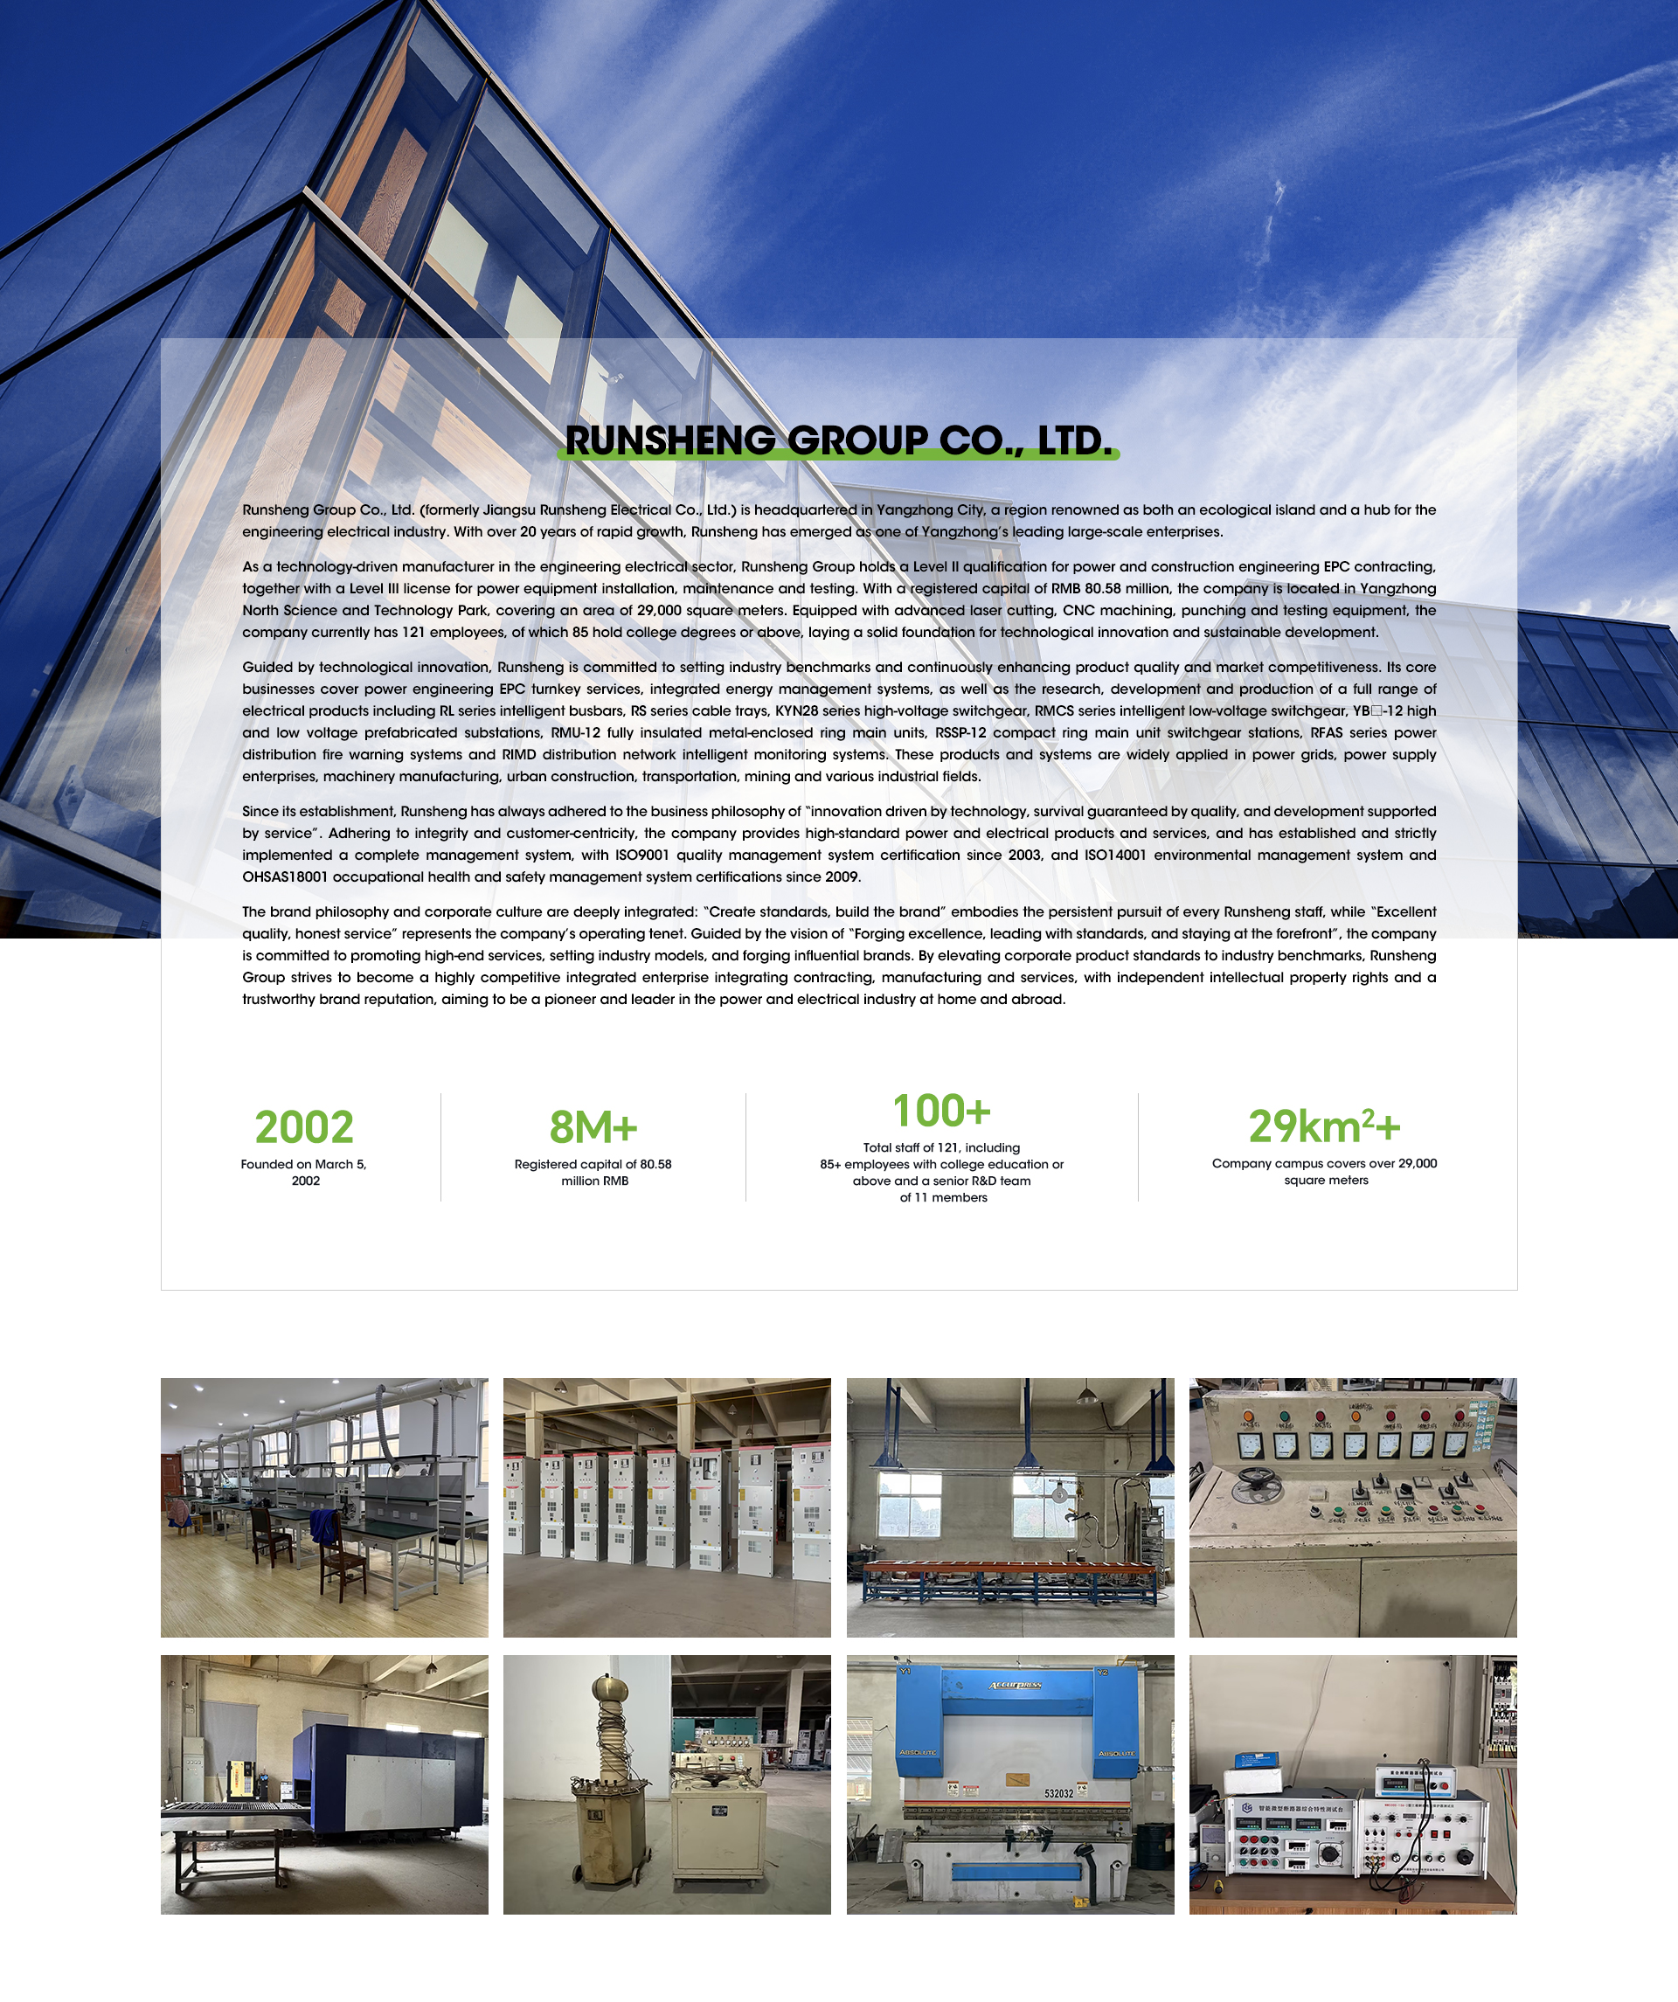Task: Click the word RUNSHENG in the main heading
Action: (670, 440)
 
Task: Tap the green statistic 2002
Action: (304, 1128)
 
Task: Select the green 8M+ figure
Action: (593, 1128)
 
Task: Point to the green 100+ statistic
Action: (942, 1112)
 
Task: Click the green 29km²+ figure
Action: (1324, 1127)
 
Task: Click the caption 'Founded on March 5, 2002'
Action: (304, 1173)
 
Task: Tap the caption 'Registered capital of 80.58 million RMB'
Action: (593, 1173)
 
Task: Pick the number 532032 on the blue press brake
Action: (1058, 1793)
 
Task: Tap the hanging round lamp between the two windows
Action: (1058, 1494)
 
